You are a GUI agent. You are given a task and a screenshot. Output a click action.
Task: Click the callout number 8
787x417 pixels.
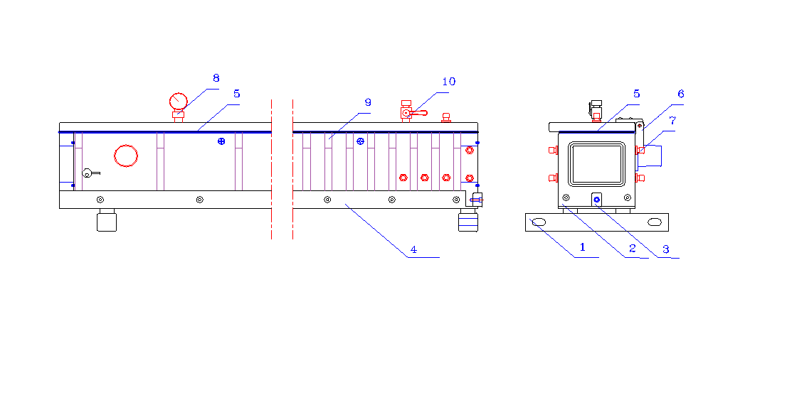pos(216,78)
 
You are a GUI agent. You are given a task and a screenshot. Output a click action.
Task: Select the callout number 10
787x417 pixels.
pos(449,82)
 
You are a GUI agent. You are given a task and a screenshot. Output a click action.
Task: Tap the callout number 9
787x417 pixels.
pos(368,103)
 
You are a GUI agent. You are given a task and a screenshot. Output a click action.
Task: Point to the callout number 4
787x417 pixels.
pos(413,249)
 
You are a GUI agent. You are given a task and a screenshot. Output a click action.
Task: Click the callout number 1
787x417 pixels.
pos(583,247)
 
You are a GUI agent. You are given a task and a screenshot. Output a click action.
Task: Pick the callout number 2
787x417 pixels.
pos(633,248)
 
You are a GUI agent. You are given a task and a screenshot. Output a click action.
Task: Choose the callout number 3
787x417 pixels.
pos(666,249)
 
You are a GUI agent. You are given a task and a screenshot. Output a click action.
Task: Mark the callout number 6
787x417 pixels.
pos(681,94)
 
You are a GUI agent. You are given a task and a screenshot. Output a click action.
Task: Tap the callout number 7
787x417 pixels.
pos(673,121)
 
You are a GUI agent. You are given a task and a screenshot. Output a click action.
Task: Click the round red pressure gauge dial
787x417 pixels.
pos(178,102)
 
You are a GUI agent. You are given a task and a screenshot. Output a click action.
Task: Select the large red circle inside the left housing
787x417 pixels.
pos(126,156)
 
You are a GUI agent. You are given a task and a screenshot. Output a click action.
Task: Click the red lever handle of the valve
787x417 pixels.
pos(419,113)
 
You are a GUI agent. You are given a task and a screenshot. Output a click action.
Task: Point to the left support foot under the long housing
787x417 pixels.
pos(107,220)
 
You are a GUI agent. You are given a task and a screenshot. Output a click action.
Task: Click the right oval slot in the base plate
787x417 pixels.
pos(655,222)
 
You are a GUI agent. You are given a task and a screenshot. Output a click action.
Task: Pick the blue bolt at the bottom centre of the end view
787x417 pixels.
pos(597,200)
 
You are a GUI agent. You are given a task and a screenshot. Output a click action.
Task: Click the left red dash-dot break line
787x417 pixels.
pos(272,169)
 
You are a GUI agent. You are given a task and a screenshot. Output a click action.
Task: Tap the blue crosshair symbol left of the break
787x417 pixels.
pos(221,141)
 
